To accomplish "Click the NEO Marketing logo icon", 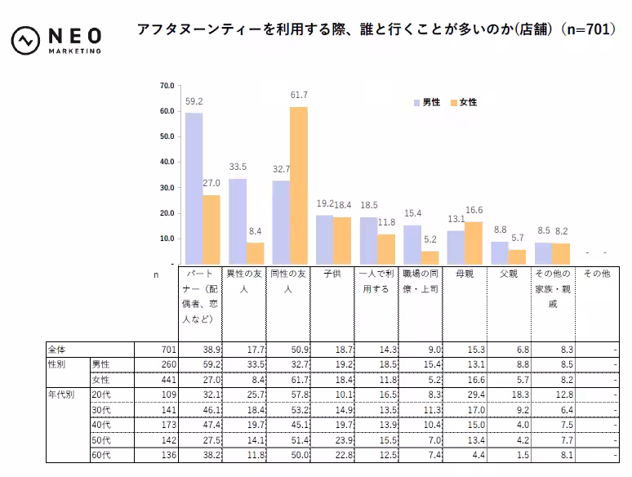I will pyautogui.click(x=26, y=39).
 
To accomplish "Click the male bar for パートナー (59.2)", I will pyautogui.click(x=194, y=188).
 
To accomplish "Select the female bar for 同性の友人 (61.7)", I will pyautogui.click(x=299, y=185).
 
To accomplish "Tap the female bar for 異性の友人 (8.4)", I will pyautogui.click(x=256, y=253).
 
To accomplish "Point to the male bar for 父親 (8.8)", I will pyautogui.click(x=500, y=252).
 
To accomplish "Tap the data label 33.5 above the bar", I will pyautogui.click(x=238, y=167).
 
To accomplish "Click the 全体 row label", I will pyautogui.click(x=57, y=350).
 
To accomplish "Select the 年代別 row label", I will pyautogui.click(x=61, y=394).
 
